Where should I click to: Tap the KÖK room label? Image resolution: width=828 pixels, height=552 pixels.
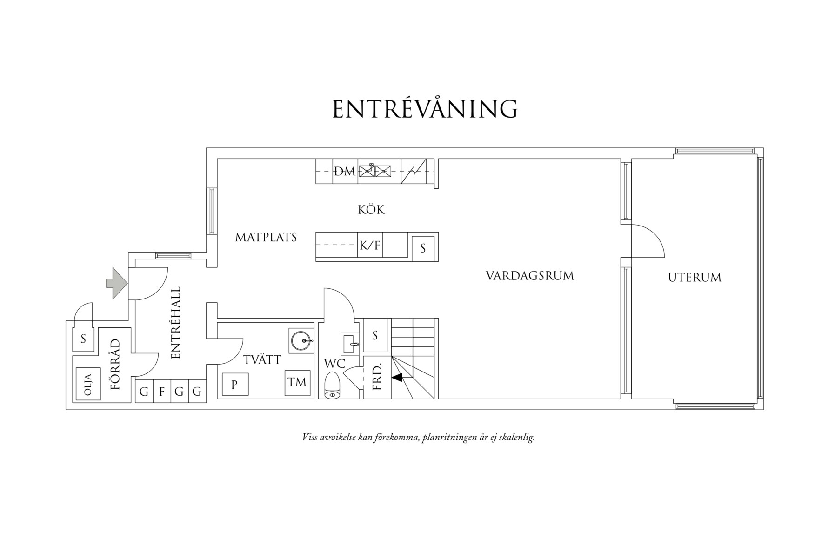[x=371, y=209]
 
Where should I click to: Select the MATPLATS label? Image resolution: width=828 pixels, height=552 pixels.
[x=266, y=237]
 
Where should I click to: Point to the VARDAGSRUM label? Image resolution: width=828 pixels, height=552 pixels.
[x=530, y=276]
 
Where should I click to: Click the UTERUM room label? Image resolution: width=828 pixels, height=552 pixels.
[x=694, y=278]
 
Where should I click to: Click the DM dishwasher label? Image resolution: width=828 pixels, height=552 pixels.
[x=345, y=171]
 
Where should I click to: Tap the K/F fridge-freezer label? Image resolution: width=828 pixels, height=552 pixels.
[x=370, y=245]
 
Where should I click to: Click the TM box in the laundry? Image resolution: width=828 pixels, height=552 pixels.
[x=297, y=382]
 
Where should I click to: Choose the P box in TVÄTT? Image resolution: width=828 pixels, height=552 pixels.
[x=235, y=385]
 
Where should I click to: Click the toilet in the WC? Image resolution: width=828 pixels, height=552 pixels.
[x=333, y=386]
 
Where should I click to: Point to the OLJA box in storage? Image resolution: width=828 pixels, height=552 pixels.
[x=88, y=384]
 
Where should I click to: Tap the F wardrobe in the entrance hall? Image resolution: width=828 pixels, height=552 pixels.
[x=162, y=392]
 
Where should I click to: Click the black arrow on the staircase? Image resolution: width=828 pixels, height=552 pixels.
[x=397, y=378]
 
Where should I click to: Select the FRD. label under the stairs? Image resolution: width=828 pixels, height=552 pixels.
[x=377, y=376]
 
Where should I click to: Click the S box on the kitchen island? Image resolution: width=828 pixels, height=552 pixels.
[x=423, y=248]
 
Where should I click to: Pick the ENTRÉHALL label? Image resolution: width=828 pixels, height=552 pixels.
[x=176, y=323]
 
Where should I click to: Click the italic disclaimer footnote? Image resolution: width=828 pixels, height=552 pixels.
[x=418, y=438]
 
